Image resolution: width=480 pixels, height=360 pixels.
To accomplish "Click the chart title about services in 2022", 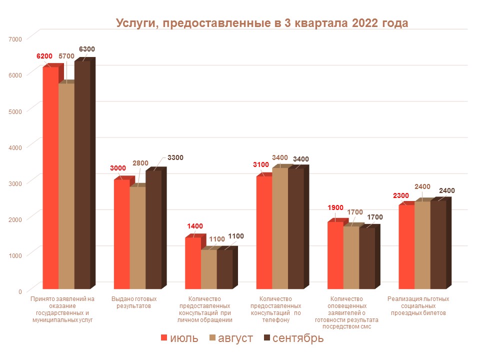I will coord(262,23).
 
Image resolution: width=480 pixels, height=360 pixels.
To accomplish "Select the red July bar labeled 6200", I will coord(50,177).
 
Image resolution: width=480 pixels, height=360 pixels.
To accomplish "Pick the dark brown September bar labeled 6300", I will coord(82,175).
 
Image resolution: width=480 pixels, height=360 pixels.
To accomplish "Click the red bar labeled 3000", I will coord(122,234).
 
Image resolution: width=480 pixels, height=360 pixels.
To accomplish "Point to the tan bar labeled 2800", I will coord(138,237).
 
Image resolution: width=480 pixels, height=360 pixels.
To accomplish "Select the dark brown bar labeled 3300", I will coord(153,230).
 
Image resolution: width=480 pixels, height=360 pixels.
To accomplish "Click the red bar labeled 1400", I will coord(193,263).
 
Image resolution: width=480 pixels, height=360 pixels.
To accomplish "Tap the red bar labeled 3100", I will coord(264,232).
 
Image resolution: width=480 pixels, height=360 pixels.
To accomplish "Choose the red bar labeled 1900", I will coord(335,255).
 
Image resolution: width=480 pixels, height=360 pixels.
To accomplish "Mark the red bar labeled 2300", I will coord(406,247).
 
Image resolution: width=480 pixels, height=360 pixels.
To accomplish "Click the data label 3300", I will coord(174,158).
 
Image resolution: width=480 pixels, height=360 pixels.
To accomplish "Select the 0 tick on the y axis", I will coord(20,291).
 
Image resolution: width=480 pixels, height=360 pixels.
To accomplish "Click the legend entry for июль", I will coord(179,338).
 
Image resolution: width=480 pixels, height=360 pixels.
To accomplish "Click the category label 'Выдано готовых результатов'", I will coord(130,302).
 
